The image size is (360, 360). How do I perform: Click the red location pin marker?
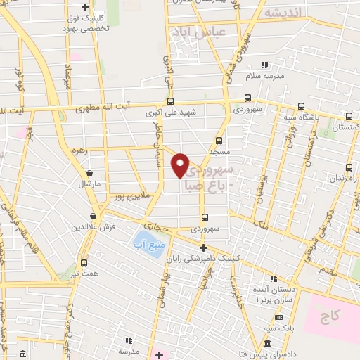(181, 165)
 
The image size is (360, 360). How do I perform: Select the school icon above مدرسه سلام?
(264, 65)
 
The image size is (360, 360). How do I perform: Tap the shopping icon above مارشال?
(89, 173)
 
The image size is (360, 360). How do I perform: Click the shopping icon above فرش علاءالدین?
(93, 217)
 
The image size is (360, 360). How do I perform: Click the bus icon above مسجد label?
(219, 141)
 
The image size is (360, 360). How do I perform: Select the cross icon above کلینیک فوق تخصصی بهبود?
(85, 8)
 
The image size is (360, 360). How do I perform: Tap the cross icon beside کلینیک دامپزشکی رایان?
(203, 247)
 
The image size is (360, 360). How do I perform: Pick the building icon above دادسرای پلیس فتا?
(268, 343)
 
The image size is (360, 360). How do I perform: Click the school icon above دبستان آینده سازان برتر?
(274, 278)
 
